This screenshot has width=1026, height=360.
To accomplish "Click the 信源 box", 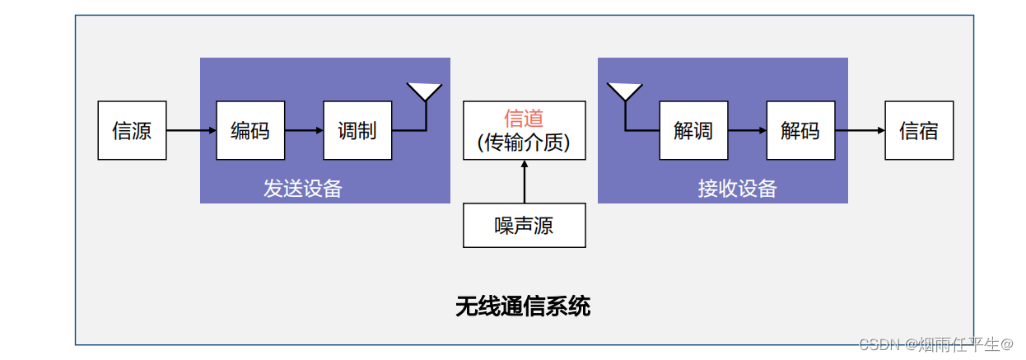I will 132,130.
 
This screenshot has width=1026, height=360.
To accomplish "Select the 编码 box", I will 250,130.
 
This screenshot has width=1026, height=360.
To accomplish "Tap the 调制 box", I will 357,130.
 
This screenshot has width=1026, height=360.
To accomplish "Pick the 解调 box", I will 693,130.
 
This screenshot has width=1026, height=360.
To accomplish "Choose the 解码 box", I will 800,130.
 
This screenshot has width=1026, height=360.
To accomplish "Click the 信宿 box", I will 919,130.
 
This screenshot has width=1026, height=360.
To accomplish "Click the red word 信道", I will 525,119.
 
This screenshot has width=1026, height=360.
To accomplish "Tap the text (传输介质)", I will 525,143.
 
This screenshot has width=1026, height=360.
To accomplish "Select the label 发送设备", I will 303,189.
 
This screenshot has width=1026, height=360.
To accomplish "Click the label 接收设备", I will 738,189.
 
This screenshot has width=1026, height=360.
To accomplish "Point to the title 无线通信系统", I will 523,306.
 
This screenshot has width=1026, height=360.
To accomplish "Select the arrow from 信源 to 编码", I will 191,130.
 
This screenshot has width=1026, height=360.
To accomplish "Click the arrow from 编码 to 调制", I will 304,130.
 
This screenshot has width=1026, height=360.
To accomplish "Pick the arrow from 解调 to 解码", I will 747,130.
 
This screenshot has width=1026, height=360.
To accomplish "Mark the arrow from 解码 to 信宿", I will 860,130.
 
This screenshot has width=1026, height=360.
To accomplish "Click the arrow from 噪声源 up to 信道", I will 525,182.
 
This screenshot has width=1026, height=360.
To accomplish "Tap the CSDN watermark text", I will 935,344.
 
